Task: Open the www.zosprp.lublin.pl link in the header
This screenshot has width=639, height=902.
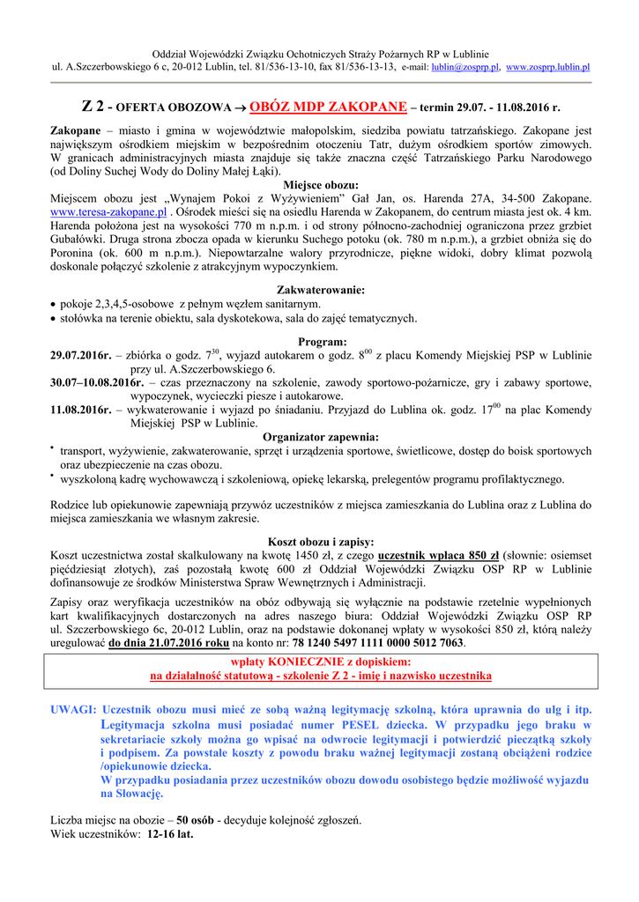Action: coord(547,67)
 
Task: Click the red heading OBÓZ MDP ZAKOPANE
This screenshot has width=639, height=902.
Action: coord(330,107)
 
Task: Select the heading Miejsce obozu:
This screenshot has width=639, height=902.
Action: coord(321,186)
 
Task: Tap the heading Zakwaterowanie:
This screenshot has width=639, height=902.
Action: coord(321,290)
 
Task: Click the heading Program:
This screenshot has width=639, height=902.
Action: coord(322,342)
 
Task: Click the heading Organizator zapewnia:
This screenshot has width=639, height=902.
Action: coord(321,437)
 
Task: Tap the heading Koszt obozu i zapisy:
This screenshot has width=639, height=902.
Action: coord(321,542)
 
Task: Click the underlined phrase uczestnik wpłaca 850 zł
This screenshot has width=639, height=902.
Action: coord(438,556)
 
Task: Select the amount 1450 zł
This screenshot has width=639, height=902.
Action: coord(315,556)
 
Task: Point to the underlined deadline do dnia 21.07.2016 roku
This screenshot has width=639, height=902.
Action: coord(168,643)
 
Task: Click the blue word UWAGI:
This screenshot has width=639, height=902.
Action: coord(74,710)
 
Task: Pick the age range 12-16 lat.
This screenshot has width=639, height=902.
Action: coord(170,833)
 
